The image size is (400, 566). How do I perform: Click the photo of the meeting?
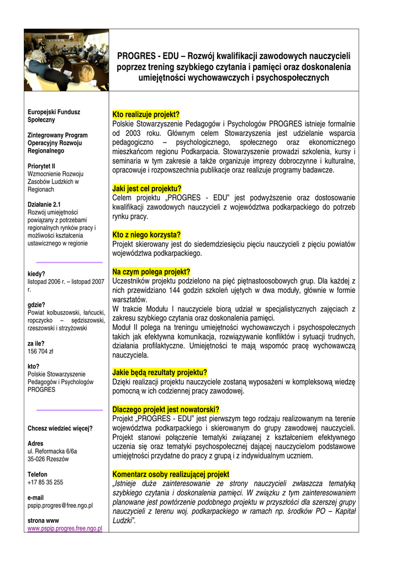pos(66,60)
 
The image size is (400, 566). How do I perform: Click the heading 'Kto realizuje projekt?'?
pos(146,114)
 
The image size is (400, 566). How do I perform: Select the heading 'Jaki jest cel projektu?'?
pos(146,188)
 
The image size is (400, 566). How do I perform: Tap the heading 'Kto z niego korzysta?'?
pos(146,234)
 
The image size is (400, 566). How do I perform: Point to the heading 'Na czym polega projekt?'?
pos(151,272)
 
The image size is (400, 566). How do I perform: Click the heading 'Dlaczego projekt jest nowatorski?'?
pos(166,410)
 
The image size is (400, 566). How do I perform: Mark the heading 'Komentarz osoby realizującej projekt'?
pos(171,474)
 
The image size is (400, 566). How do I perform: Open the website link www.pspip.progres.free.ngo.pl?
pos(65,528)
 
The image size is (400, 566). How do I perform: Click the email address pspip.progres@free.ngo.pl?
pos(60,505)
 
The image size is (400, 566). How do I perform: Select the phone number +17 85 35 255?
pos(45,482)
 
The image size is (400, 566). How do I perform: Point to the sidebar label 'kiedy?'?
pos(36,274)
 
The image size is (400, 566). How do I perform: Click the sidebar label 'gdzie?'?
pos(36,305)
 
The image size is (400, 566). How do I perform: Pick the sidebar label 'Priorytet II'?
pos(41,166)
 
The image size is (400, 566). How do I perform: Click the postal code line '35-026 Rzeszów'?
pos(49,459)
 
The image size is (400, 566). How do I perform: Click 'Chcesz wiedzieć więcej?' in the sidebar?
pos(60,428)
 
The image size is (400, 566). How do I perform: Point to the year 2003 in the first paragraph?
pos(130,133)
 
